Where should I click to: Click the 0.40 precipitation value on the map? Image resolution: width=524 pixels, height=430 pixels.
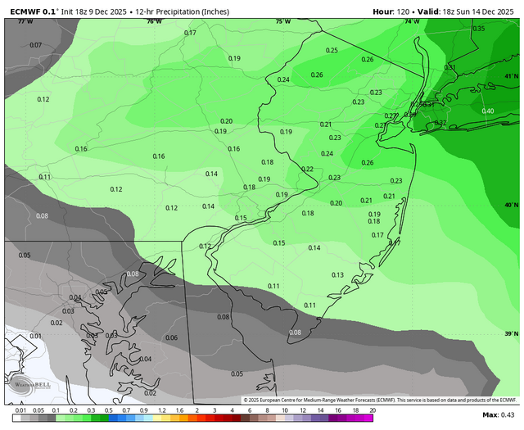488,111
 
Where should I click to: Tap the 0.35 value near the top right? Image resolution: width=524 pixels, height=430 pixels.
479,29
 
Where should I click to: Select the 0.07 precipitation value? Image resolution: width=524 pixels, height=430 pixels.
35,44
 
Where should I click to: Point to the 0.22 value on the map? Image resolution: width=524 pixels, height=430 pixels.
307,170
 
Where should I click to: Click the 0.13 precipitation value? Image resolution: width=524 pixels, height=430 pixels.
337,275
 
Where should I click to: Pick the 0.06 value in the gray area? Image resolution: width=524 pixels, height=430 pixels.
172,337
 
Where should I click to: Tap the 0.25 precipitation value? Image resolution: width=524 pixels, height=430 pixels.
332,51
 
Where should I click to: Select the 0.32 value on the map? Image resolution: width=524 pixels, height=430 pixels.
440,124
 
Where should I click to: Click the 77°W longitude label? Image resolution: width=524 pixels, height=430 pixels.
25,21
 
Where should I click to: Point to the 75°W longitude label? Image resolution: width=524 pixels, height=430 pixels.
283,21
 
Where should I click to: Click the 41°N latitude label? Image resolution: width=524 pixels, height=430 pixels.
512,76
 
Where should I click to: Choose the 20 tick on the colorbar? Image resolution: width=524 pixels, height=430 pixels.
373,409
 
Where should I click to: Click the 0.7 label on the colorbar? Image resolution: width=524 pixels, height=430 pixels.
126,409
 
